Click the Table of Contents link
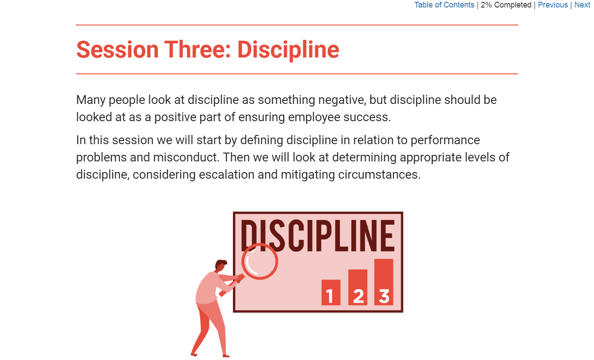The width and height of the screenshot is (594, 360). [444, 5]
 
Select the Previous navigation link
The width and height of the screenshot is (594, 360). [552, 5]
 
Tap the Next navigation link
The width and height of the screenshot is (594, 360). [582, 5]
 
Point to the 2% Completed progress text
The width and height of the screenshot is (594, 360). [506, 5]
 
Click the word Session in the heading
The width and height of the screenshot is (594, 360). [118, 50]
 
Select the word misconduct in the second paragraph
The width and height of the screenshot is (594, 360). [187, 157]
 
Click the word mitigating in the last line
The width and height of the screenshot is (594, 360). [308, 175]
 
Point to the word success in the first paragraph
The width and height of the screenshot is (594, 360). [367, 117]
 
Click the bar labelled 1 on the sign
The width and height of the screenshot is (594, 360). [331, 292]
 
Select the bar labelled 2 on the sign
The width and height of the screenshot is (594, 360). [358, 287]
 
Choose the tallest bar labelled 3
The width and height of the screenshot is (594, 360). [384, 282]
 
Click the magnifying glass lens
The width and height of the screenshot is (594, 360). [260, 261]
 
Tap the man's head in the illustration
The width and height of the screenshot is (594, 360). [221, 266]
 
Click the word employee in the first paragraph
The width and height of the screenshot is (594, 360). [314, 117]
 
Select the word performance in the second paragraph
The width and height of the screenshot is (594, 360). [445, 140]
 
